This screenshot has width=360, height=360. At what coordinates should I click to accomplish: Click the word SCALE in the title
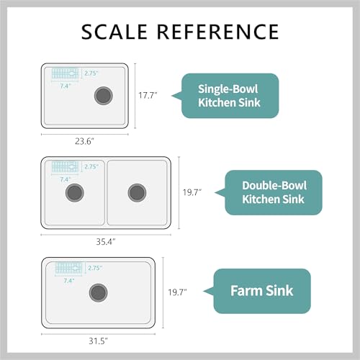click(114, 32)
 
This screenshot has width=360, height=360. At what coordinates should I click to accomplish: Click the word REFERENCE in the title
click(218, 32)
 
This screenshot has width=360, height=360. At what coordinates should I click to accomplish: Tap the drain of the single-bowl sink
click(104, 96)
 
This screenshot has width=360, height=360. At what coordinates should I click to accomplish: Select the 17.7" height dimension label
click(148, 95)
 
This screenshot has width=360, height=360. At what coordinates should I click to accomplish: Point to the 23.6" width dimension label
click(84, 141)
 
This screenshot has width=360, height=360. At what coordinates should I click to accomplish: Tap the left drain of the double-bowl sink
click(75, 193)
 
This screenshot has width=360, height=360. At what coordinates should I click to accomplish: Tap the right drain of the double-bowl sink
click(137, 193)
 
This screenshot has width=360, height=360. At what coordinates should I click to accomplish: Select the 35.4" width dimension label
click(106, 241)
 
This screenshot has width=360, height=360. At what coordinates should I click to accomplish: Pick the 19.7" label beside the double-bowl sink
click(192, 192)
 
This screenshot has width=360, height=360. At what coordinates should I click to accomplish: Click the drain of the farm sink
click(99, 293)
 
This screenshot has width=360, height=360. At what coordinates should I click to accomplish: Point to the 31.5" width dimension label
click(99, 341)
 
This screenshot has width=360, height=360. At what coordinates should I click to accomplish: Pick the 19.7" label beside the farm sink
click(177, 292)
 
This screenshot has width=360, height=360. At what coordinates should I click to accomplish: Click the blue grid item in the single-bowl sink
click(65, 73)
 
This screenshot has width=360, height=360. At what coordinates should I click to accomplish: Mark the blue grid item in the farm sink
click(68, 268)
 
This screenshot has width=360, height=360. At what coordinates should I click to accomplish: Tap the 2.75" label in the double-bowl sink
click(91, 166)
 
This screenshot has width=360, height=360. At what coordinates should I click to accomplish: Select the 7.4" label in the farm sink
click(69, 280)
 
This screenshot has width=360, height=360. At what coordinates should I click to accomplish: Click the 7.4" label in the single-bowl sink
click(66, 86)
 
